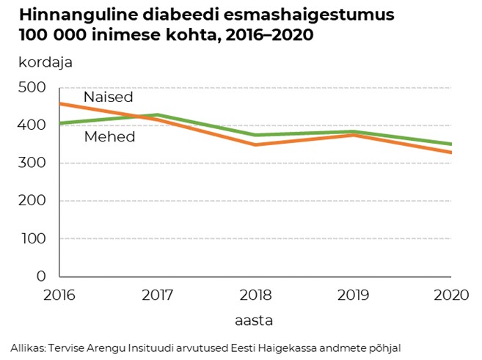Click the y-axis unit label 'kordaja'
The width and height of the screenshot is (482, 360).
45,62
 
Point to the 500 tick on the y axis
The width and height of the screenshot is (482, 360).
32,88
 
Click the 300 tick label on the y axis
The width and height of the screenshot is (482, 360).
32,164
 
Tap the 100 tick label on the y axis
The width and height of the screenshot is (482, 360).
32,239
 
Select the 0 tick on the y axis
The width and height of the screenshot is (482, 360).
41,276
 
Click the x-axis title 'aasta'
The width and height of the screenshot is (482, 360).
255,320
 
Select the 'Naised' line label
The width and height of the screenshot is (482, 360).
109,98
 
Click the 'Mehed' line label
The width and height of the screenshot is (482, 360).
110,137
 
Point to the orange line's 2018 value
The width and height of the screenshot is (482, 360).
255,144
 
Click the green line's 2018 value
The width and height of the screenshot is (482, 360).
255,135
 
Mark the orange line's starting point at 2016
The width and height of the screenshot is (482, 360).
59,103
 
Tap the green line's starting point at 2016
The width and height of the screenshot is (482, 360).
59,123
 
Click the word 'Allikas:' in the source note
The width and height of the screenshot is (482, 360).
27,348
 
